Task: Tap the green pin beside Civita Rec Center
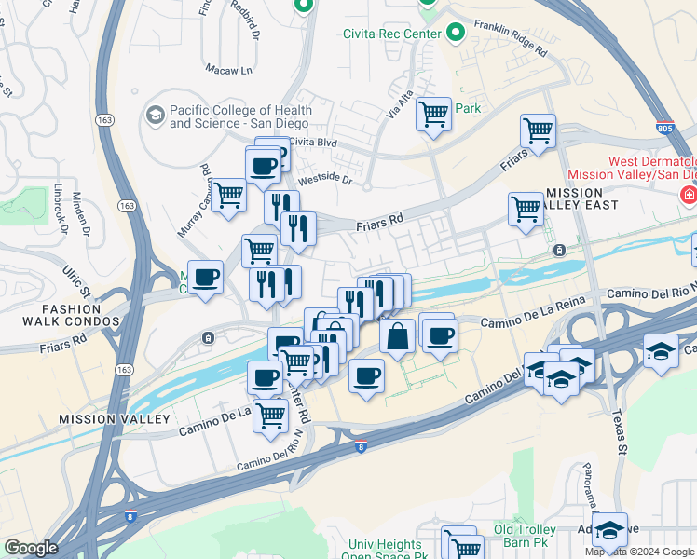tap(456, 34)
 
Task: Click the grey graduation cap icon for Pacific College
tap(155, 116)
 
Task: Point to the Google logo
tap(31, 548)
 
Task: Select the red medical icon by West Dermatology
tap(689, 196)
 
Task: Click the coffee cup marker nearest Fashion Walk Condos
tap(205, 277)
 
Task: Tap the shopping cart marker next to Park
tap(433, 115)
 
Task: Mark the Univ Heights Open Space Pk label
tap(387, 550)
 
